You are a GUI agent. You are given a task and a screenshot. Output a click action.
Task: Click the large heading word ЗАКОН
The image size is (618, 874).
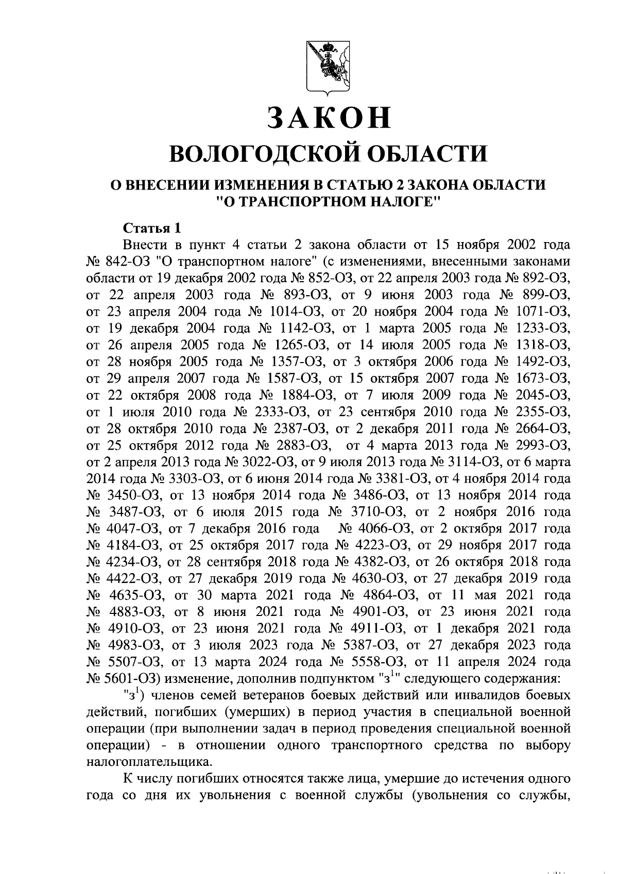[329, 117]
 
